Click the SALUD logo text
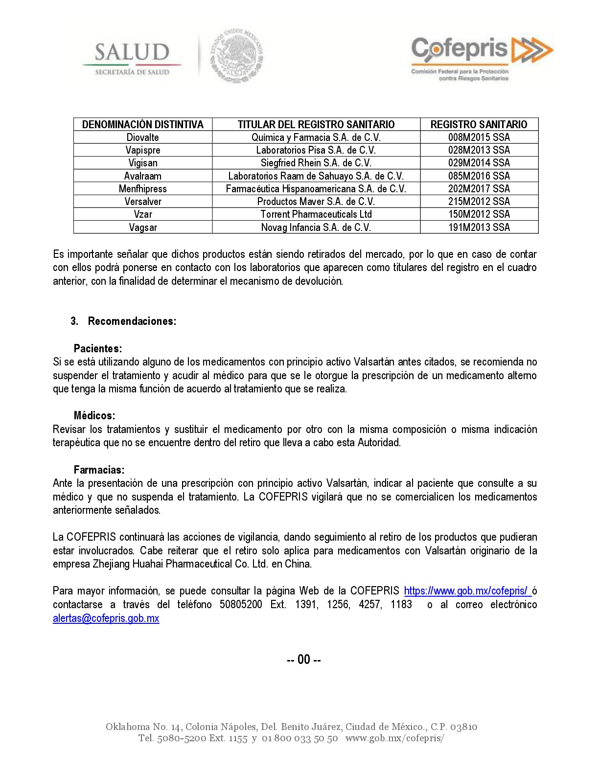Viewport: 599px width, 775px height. click(x=132, y=52)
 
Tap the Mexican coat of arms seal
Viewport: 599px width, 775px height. click(x=237, y=56)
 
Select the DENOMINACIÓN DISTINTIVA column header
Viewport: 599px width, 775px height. click(x=142, y=124)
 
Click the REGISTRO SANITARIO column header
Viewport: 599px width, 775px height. click(x=479, y=124)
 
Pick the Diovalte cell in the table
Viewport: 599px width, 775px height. click(x=142, y=137)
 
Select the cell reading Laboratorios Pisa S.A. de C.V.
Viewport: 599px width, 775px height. click(x=316, y=150)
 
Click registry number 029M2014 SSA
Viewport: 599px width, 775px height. click(x=479, y=163)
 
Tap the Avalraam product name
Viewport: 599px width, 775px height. click(x=142, y=176)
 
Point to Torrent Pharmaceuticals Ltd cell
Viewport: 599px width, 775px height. click(x=316, y=214)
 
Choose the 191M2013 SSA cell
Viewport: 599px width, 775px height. click(x=479, y=228)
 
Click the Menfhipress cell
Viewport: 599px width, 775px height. click(x=142, y=189)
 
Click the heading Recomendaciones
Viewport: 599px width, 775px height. click(x=132, y=321)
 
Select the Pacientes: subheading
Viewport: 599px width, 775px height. click(x=98, y=349)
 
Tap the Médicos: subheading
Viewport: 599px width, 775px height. click(x=94, y=416)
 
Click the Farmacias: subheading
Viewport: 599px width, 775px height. click(x=99, y=470)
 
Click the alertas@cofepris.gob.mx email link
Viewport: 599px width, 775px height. click(x=106, y=618)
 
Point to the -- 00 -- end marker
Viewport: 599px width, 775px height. click(x=303, y=660)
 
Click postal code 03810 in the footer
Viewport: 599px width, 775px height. click(x=463, y=727)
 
